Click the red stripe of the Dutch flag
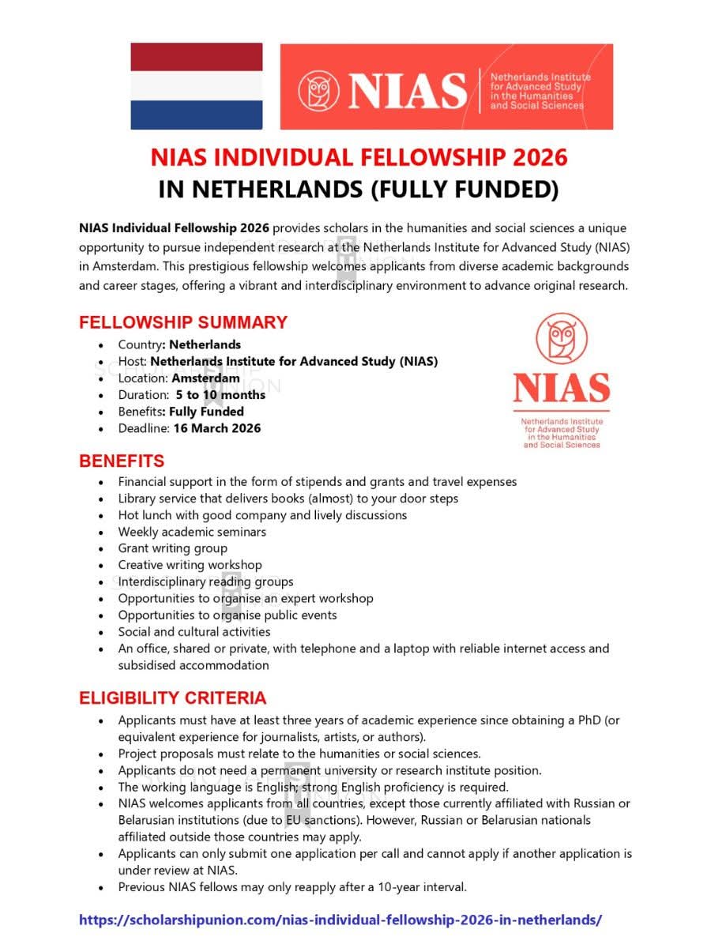click(x=196, y=57)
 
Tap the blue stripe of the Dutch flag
click(x=196, y=115)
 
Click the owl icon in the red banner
click(x=318, y=90)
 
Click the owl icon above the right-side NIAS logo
click(x=561, y=339)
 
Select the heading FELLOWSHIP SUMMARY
click(x=182, y=322)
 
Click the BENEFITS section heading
click(x=122, y=461)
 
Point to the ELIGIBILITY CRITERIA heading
click(x=172, y=698)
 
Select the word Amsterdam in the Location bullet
click(x=205, y=378)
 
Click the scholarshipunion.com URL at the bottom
click(x=340, y=920)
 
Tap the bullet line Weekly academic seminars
click(x=192, y=532)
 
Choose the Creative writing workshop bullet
click(x=190, y=565)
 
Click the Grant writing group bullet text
click(x=172, y=548)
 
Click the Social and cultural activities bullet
click(x=194, y=632)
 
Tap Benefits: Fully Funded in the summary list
click(x=181, y=412)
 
